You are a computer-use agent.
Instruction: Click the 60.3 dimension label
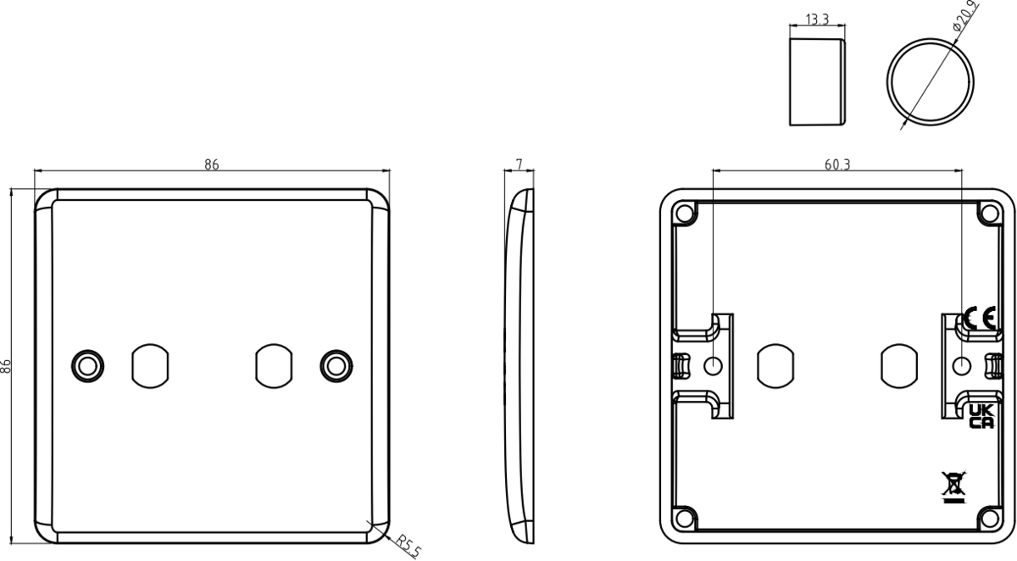coord(836,164)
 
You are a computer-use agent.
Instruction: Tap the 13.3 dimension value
coord(816,19)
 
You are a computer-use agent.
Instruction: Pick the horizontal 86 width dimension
coord(211,164)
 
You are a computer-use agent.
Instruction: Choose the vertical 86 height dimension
coord(6,366)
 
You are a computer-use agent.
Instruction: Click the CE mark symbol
coord(980,319)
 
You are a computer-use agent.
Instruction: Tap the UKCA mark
coord(981,416)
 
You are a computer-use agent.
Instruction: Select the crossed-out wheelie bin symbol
coord(953,486)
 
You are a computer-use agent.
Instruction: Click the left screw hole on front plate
coord(87,365)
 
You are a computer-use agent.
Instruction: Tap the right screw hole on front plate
coord(336,365)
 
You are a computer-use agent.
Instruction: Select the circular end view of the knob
coord(930,82)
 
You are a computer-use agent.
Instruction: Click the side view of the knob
coord(817,81)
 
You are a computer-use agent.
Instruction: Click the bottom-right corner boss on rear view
coord(988,518)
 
